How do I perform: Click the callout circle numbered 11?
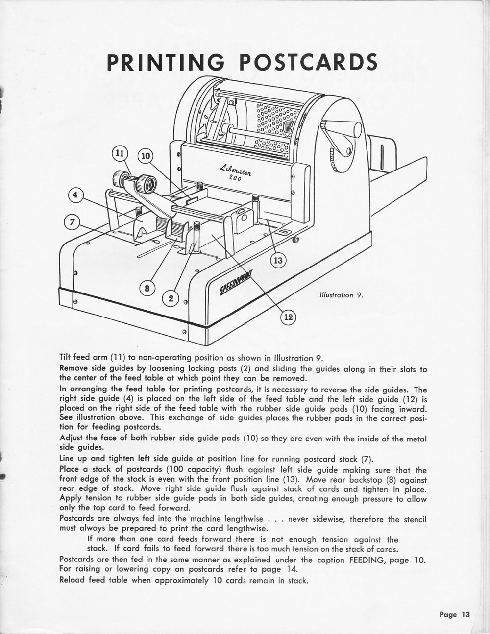[118, 153]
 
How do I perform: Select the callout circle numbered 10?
[146, 157]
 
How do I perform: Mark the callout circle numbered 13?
[278, 260]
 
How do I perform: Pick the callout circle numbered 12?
[288, 317]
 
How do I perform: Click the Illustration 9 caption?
[341, 295]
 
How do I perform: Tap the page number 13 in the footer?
[465, 614]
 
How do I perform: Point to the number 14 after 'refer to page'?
[275, 569]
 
